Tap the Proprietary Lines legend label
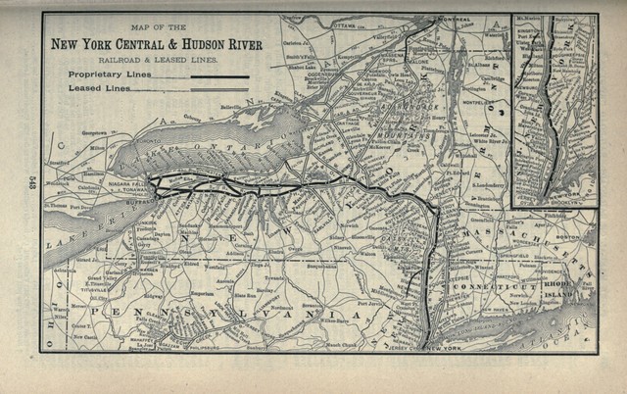click(x=103, y=74)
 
